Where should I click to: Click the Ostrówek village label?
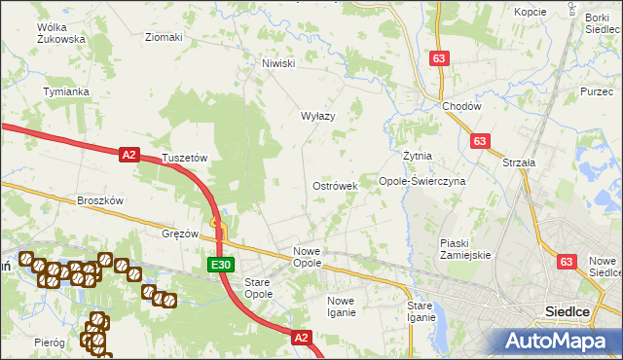click(335, 186)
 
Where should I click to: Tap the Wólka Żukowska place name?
click(60, 34)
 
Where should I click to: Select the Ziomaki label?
click(164, 38)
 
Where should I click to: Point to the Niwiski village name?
click(277, 64)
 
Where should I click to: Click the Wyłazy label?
click(317, 116)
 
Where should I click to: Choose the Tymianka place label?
click(66, 91)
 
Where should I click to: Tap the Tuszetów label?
click(186, 158)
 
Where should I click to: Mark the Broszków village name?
click(100, 200)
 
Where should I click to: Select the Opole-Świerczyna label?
click(422, 181)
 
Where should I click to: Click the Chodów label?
click(460, 106)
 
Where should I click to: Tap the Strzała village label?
click(518, 163)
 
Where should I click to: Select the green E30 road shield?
click(220, 265)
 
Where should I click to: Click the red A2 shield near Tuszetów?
click(129, 154)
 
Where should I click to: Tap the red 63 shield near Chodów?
click(438, 59)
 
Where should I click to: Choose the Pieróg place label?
click(49, 343)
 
